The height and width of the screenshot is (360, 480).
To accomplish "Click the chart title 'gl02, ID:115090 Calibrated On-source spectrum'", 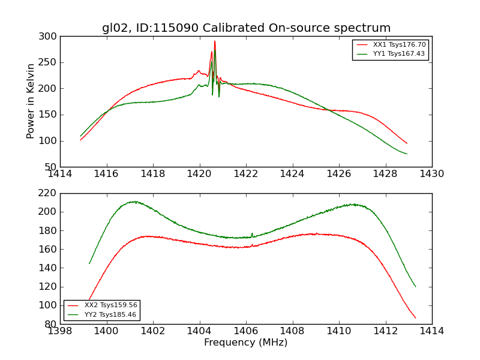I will pos(246,28).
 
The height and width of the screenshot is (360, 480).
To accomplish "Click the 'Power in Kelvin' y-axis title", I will pos(31,101).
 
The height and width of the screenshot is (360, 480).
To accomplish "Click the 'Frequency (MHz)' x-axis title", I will pos(245,343).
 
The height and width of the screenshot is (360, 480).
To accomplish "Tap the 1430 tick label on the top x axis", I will pos(431,173).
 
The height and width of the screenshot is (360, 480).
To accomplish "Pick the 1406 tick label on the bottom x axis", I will pos(245,331).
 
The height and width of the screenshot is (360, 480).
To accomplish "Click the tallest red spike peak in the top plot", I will pos(215,41).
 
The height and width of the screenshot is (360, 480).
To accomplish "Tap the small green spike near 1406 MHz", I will pos(252,233).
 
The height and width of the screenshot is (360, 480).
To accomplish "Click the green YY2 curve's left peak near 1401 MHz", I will pos(134,202).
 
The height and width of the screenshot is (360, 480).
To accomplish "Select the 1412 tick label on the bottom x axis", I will pos(385,331).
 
